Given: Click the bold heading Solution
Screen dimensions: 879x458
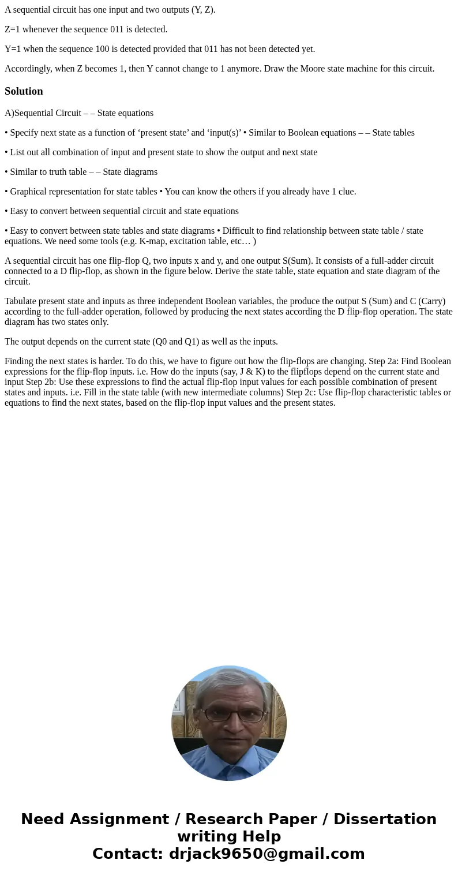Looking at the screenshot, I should [x=24, y=91].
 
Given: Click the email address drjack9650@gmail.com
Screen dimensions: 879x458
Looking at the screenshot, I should [x=267, y=854].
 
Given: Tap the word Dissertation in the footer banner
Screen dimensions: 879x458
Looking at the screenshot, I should [x=385, y=819].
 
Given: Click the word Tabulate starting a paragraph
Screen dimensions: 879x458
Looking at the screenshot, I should [x=21, y=301].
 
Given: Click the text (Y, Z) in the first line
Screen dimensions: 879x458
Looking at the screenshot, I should [x=202, y=10].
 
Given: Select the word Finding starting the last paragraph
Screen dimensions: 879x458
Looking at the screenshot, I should [x=20, y=361].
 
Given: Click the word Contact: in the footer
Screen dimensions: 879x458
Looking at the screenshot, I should [x=127, y=854].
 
